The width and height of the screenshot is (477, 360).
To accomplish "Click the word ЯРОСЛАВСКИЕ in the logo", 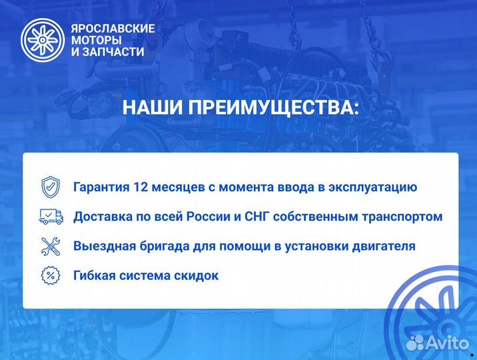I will pyautogui.click(x=113, y=29).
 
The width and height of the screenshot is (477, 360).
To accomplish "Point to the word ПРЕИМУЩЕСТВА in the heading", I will pyautogui.click(x=274, y=109).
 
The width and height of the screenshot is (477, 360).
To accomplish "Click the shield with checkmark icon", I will pyautogui.click(x=51, y=187).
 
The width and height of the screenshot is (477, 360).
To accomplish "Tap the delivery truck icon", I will pyautogui.click(x=51, y=216).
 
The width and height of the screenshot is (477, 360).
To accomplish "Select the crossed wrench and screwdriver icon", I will pyautogui.click(x=51, y=245).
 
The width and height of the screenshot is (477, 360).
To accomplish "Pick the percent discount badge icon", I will pyautogui.click(x=51, y=275).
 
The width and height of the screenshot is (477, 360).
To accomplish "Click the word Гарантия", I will pyautogui.click(x=102, y=187).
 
